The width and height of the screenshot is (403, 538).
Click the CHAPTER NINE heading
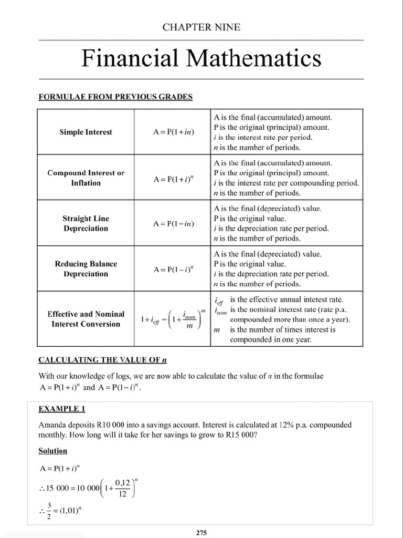(x=201, y=27)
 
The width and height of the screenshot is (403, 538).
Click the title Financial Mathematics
(x=201, y=58)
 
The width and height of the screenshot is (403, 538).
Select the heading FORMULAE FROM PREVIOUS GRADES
(x=115, y=97)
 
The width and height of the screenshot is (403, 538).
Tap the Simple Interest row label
(x=86, y=132)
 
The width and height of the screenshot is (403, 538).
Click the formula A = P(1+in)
(x=174, y=132)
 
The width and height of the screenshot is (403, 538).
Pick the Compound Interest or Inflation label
(x=86, y=178)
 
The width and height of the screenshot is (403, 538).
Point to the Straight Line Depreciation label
(x=86, y=223)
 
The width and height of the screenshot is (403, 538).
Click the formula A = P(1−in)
(x=174, y=224)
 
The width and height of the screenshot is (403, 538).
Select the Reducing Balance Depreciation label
(x=86, y=268)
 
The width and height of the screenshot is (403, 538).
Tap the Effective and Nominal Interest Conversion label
(x=86, y=319)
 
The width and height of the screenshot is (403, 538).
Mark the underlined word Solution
(x=53, y=451)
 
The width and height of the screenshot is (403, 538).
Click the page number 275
(x=201, y=532)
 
